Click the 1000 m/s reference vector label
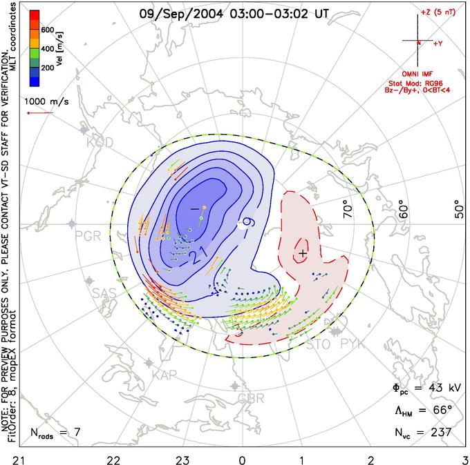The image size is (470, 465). [48, 101]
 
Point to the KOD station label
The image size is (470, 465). [100, 142]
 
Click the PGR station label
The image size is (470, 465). [88, 235]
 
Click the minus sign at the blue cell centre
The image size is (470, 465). [194, 208]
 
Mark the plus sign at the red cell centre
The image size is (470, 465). [302, 255]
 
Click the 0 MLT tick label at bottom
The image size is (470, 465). [242, 459]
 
